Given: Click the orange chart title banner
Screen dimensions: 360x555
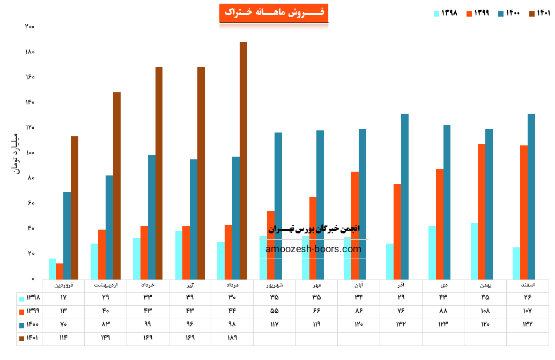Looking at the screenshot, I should pyautogui.click(x=273, y=13).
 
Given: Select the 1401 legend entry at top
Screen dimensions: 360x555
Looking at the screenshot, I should pyautogui.click(x=540, y=13).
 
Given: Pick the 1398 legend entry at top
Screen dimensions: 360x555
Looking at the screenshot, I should pyautogui.click(x=446, y=13).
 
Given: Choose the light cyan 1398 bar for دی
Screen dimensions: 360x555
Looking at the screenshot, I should pyautogui.click(x=432, y=252).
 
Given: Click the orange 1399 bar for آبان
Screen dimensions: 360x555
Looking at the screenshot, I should pyautogui.click(x=355, y=225).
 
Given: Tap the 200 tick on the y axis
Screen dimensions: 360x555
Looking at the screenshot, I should pyautogui.click(x=29, y=27).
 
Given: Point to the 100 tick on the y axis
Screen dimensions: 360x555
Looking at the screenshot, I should pyautogui.click(x=29, y=153).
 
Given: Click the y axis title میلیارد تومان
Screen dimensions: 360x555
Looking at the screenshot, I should pyautogui.click(x=15, y=153).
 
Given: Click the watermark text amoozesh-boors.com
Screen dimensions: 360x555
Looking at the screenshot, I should pyautogui.click(x=313, y=249).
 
